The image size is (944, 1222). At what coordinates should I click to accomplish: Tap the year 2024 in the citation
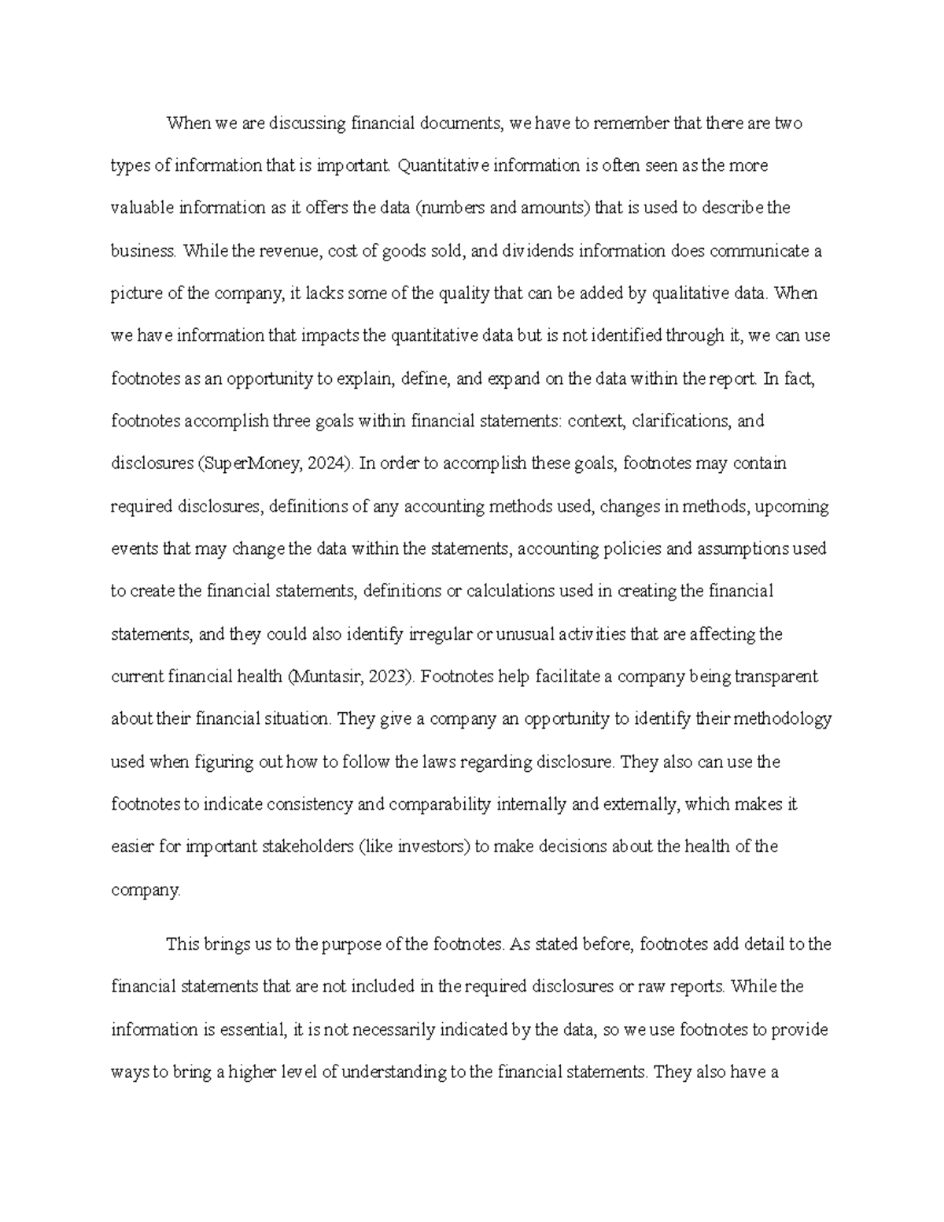coord(326,463)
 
